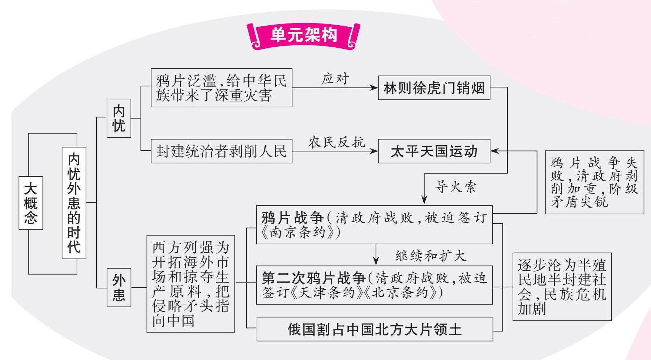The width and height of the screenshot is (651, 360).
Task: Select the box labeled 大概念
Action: click(x=31, y=203)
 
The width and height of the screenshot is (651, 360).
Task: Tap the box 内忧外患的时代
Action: click(x=74, y=203)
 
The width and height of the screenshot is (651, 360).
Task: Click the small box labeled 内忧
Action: click(x=119, y=118)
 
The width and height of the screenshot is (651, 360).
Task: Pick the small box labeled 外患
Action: click(x=119, y=287)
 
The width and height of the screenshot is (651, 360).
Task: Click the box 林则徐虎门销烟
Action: click(x=434, y=88)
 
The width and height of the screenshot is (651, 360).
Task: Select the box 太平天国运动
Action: click(x=434, y=151)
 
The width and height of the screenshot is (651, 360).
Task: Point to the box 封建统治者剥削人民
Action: click(x=221, y=151)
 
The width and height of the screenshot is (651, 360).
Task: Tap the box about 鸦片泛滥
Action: click(x=221, y=88)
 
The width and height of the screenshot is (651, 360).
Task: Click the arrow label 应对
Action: click(x=335, y=79)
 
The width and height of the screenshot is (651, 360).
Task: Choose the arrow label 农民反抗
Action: click(x=336, y=142)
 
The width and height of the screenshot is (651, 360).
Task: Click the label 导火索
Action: click(x=455, y=187)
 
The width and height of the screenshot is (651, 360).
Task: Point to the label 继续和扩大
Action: click(x=431, y=256)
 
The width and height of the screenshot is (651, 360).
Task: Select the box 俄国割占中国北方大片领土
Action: click(x=374, y=329)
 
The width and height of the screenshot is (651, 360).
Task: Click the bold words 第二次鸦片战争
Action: click(x=314, y=278)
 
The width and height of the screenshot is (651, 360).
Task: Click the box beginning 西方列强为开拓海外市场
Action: click(x=190, y=284)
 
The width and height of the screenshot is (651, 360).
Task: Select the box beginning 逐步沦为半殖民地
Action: click(x=562, y=287)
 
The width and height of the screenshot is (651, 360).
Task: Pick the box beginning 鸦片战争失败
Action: click(x=594, y=182)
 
